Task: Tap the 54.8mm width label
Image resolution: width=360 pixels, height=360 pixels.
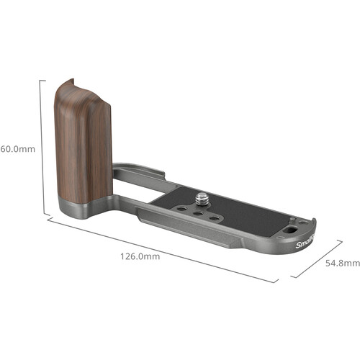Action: click(342, 264)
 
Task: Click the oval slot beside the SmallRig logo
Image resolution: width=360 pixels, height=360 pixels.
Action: click(290, 230)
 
